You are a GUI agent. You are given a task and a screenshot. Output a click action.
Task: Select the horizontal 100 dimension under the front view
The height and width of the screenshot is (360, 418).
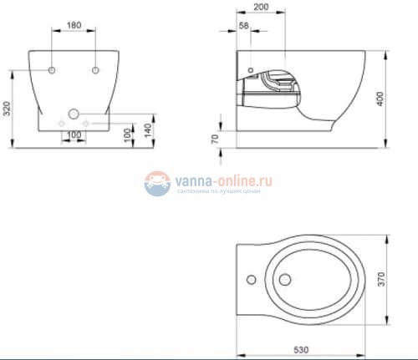coord(74,134)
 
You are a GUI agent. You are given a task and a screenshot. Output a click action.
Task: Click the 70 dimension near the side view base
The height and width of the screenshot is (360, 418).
coord(216,139)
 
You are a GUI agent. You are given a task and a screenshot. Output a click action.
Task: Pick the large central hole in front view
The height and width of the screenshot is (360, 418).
coord(74,113)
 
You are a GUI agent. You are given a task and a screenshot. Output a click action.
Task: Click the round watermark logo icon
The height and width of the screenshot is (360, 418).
coord(156,182)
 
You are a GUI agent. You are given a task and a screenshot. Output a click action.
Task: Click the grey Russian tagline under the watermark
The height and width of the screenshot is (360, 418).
coord(220,190)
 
